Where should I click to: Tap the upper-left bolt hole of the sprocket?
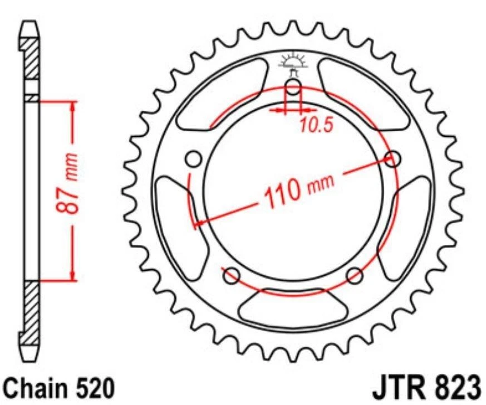coord(194,159)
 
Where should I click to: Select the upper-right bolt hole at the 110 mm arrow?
coord(393,159)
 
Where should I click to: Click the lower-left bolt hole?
coord(232,274)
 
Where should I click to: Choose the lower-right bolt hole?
coord(355,274)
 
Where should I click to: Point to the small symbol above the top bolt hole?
coord(293,62)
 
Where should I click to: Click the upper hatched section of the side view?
coord(32,58)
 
